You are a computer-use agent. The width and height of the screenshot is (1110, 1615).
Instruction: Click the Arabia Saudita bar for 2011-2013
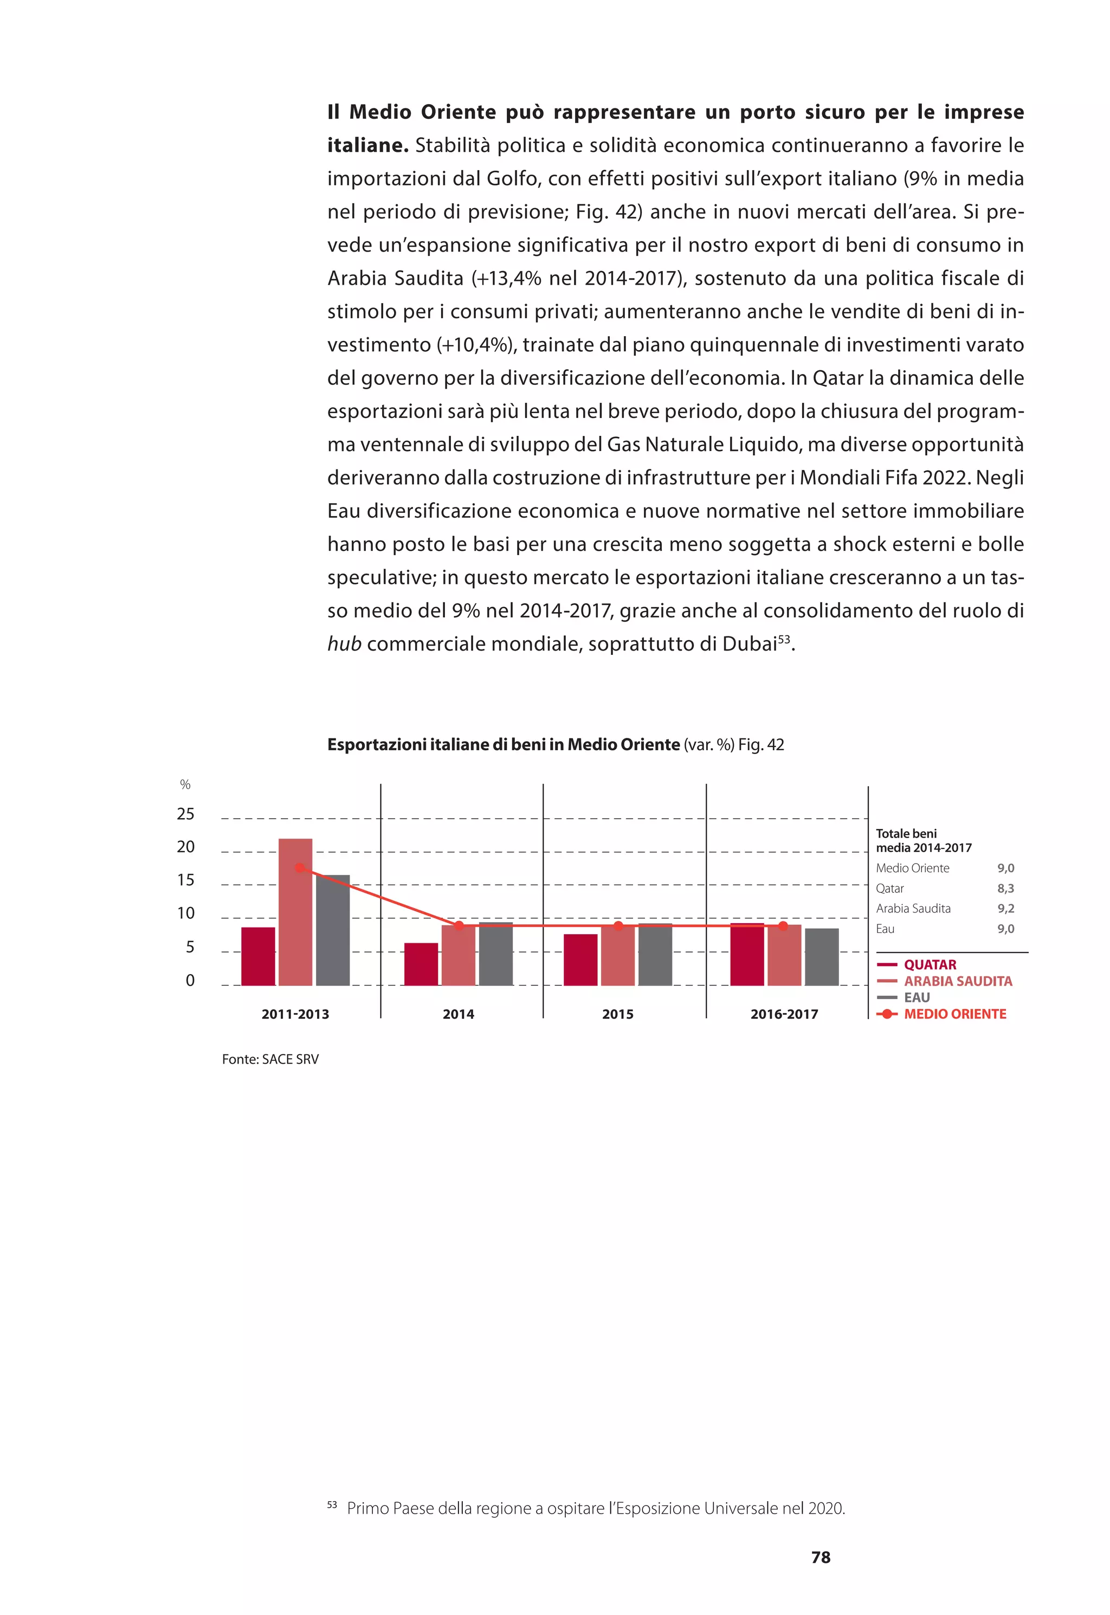[295, 912]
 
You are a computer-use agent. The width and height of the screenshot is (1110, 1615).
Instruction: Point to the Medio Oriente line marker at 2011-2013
[300, 867]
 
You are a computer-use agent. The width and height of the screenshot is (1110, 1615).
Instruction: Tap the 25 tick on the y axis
[186, 814]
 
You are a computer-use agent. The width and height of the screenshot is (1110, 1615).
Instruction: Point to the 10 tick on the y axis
[186, 913]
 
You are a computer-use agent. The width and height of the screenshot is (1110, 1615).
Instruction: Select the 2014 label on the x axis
[459, 1014]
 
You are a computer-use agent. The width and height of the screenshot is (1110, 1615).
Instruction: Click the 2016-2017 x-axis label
[784, 1014]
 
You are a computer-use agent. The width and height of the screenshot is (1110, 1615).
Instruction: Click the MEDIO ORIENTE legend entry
[954, 1014]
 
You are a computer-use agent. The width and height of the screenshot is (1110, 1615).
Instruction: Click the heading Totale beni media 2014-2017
[923, 840]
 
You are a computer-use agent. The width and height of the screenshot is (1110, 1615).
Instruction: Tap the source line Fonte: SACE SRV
[270, 1059]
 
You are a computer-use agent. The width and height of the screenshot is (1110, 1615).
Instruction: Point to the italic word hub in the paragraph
[344, 644]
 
